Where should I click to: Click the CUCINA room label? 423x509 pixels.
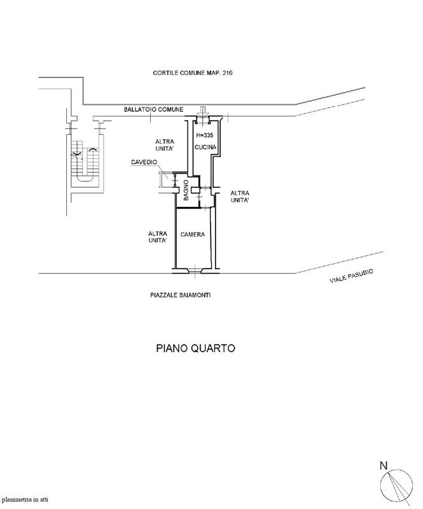(x=206, y=148)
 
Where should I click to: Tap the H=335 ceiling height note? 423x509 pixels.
(x=206, y=136)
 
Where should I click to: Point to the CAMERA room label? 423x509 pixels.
(x=193, y=235)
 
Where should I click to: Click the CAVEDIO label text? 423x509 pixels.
(x=144, y=162)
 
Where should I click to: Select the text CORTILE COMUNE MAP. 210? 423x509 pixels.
(x=193, y=74)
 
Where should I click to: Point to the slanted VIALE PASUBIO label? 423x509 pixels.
(x=351, y=276)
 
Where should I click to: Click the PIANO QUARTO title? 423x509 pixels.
(x=196, y=348)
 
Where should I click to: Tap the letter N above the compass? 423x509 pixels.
(x=383, y=466)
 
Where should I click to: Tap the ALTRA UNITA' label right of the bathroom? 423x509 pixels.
(x=240, y=196)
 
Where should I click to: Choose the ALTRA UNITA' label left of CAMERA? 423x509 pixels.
(x=157, y=237)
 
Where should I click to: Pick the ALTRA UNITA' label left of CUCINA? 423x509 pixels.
(x=165, y=145)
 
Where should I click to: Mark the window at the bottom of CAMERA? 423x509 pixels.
(x=195, y=272)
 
